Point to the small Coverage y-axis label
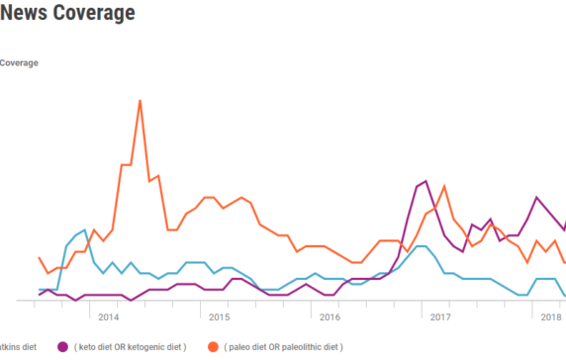(x=19, y=63)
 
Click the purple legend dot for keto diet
(x=62, y=347)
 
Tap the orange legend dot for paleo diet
(x=213, y=347)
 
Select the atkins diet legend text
(x=19, y=347)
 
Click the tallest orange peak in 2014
(x=140, y=100)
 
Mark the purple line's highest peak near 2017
(x=424, y=181)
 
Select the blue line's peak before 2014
(x=85, y=230)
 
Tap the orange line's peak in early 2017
(x=444, y=186)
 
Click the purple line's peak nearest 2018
(x=536, y=197)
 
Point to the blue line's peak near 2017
(x=422, y=246)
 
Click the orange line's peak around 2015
(x=209, y=197)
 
